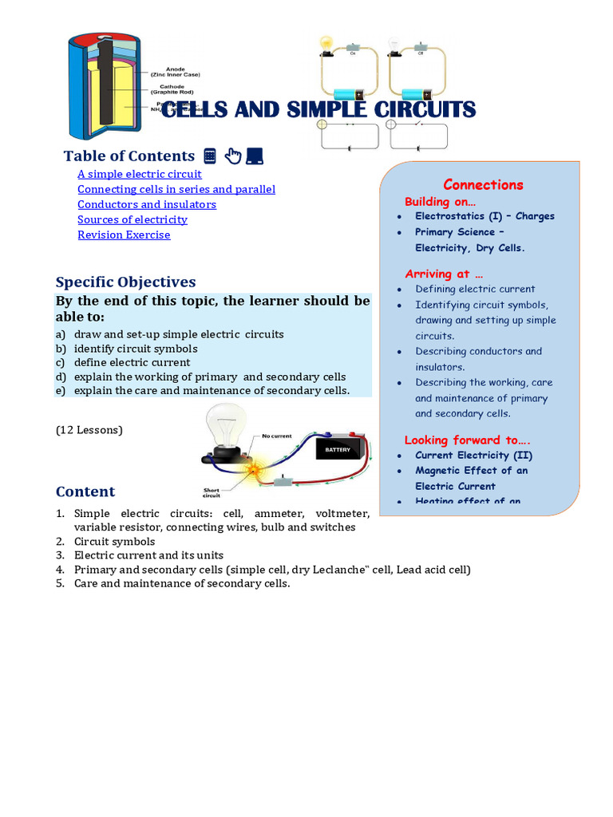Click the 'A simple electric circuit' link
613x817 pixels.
139,174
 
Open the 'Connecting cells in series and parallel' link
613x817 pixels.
176,189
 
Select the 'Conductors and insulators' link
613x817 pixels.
146,204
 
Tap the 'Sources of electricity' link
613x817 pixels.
132,219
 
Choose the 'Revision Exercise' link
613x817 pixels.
123,235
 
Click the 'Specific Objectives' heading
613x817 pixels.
125,282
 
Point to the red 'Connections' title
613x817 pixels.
483,185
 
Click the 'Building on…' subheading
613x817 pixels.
440,201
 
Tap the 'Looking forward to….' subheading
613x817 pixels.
467,440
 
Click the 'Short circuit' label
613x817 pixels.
213,492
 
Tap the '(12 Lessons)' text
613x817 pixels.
89,430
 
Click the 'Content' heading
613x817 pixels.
85,491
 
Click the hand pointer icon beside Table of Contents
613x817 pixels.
232,156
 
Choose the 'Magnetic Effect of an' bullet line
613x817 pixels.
471,471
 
